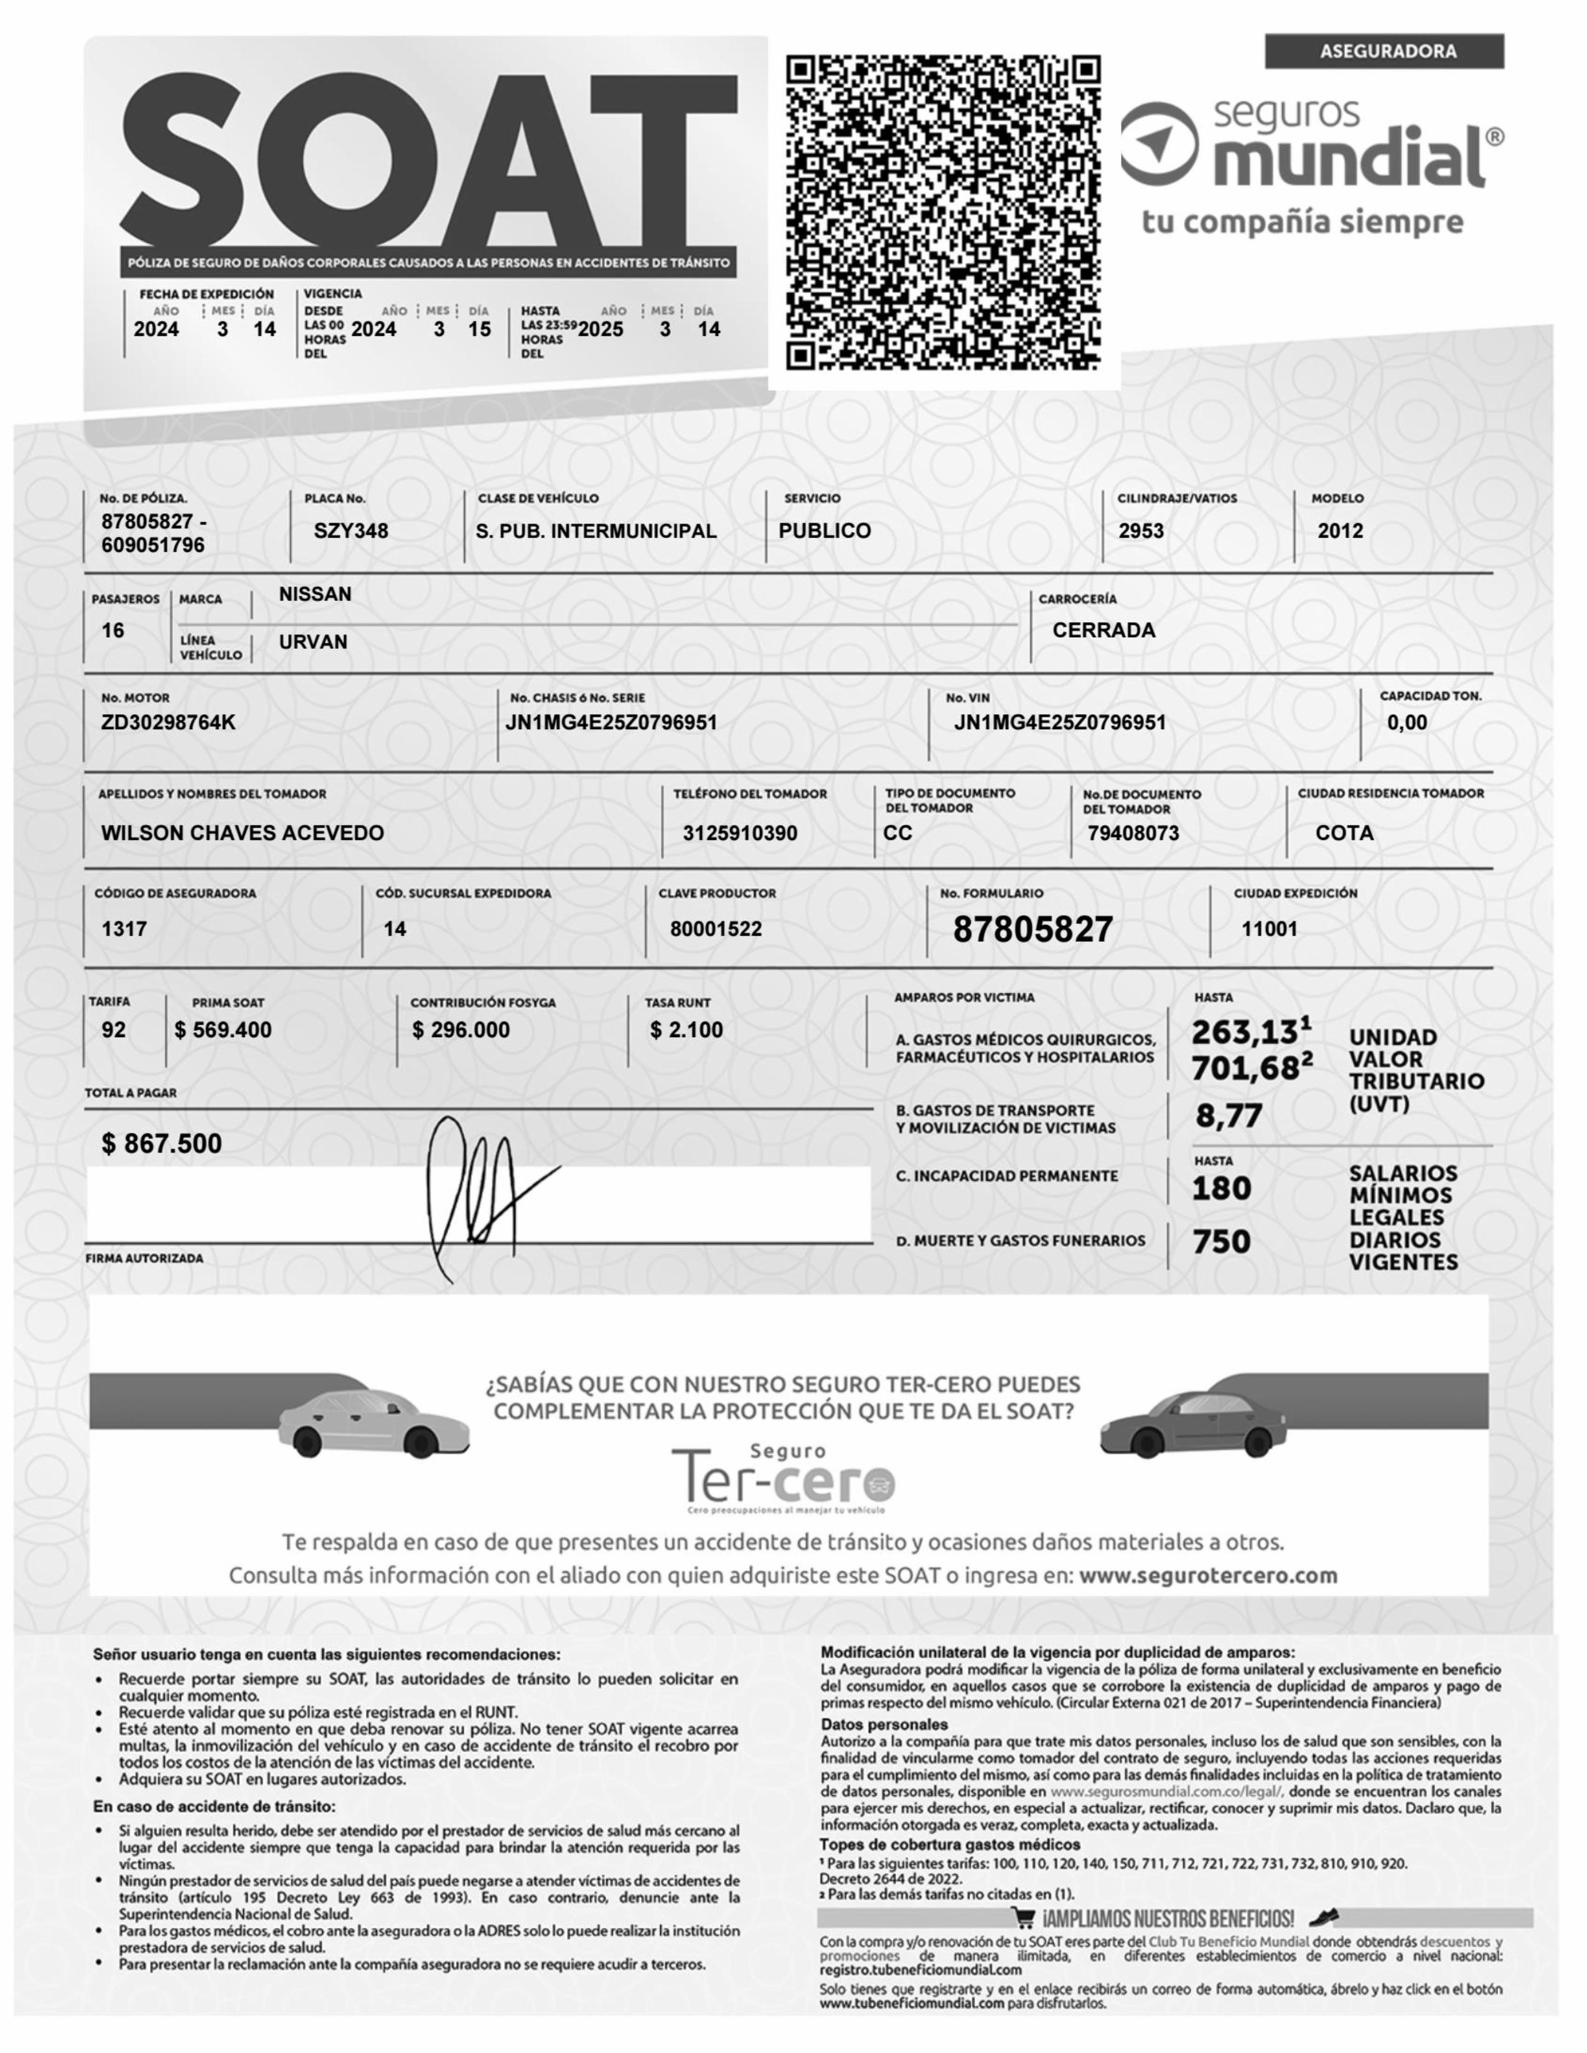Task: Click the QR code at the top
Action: point(943,212)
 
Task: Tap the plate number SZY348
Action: point(350,531)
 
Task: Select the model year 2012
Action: point(1340,531)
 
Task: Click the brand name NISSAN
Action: point(315,594)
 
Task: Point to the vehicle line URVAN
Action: point(313,642)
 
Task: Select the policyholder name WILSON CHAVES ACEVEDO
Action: point(243,833)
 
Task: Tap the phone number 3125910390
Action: point(740,833)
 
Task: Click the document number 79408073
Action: point(1133,833)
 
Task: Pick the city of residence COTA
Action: point(1344,833)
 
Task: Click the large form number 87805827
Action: point(1033,929)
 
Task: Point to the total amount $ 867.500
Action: point(162,1144)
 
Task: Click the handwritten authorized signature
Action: point(479,1194)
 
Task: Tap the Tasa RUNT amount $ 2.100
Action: point(686,1030)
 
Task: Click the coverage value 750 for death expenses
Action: point(1221,1242)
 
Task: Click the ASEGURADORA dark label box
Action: point(1384,52)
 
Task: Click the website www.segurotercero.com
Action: point(1208,1575)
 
